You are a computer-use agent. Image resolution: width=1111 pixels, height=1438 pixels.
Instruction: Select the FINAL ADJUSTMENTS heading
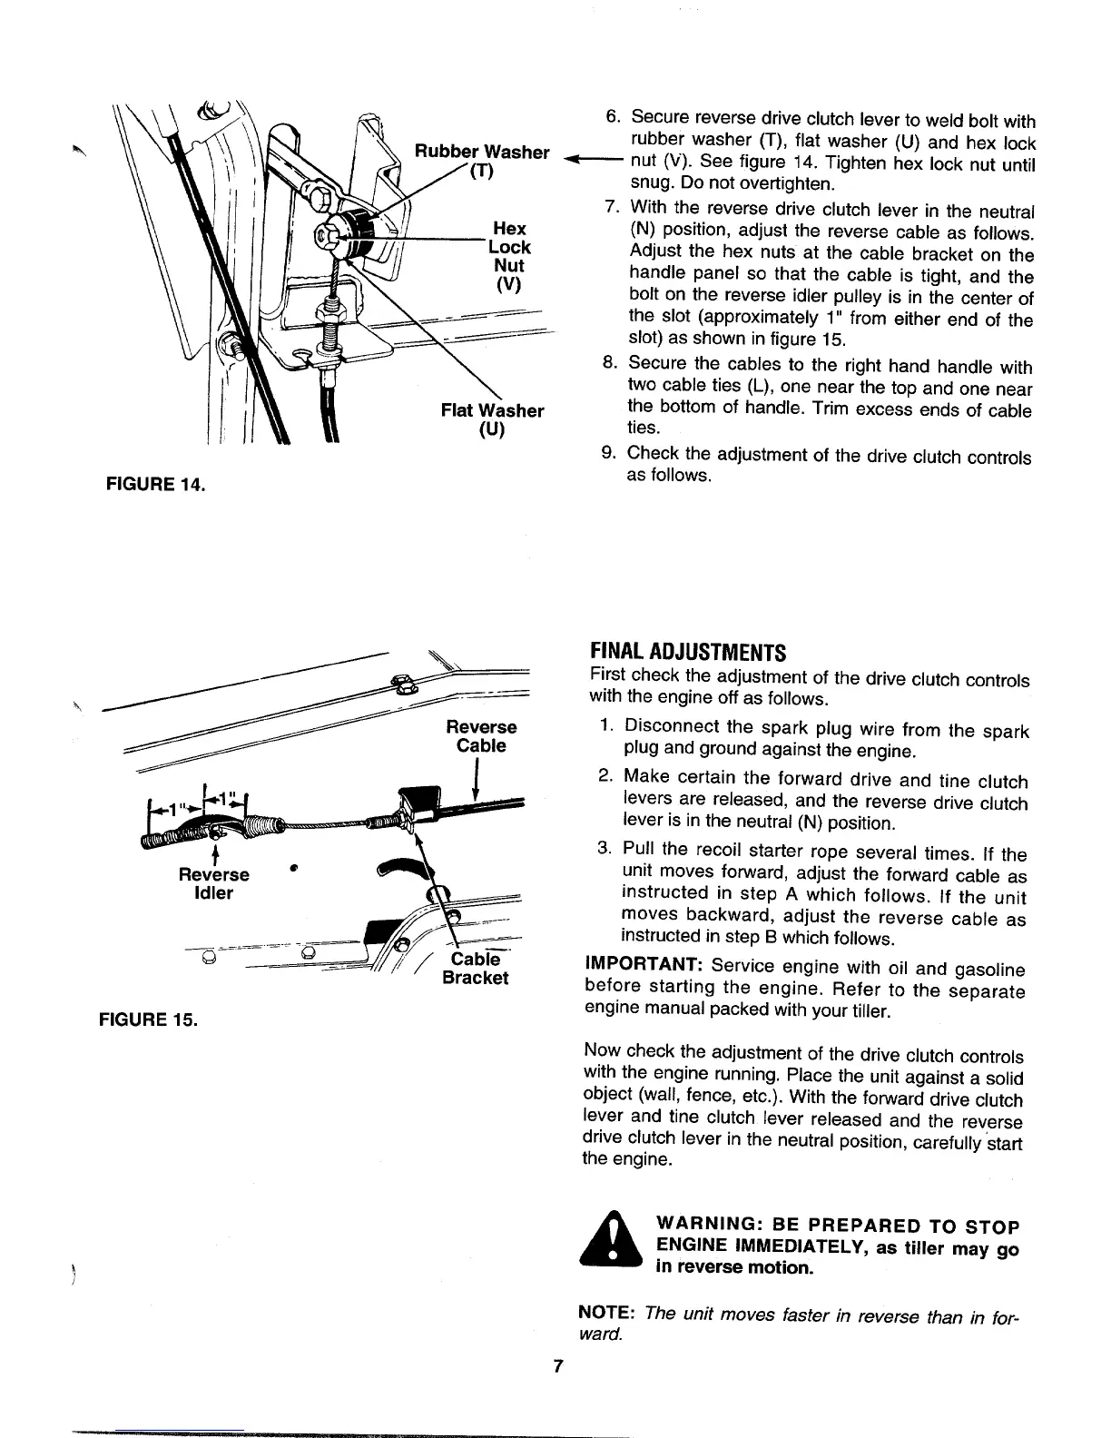pos(686,653)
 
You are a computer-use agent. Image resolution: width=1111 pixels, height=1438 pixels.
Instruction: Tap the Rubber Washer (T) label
pos(482,162)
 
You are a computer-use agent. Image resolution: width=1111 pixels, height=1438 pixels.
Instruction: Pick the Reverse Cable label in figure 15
pos(481,736)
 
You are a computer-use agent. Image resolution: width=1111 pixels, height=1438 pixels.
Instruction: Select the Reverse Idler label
pos(215,883)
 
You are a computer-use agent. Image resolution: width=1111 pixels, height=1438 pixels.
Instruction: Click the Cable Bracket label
pos(475,968)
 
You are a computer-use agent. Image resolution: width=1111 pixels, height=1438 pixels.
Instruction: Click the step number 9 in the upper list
pos(609,454)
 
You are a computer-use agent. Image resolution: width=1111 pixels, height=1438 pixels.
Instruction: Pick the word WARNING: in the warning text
pos(698,1227)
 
